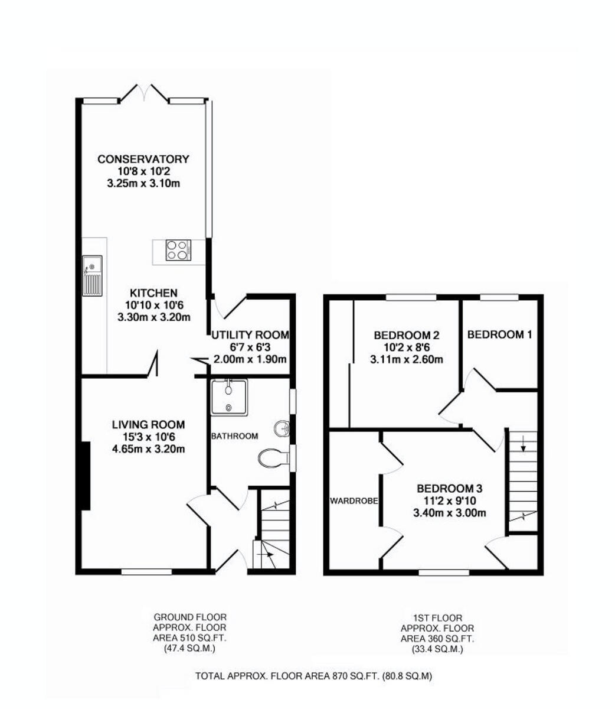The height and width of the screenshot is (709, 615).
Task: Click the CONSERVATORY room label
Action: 143,159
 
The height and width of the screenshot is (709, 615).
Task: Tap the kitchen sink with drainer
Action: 92,275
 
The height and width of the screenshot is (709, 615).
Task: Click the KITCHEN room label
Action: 153,293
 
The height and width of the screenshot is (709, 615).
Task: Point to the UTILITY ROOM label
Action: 250,335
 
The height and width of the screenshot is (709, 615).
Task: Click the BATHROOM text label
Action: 234,436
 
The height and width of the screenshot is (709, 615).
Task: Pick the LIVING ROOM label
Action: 148,424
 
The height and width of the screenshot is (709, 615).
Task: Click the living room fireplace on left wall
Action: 86,475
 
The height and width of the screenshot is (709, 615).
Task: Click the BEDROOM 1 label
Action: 499,334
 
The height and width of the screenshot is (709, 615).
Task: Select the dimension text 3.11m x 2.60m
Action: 407,359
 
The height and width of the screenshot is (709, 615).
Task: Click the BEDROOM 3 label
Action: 450,489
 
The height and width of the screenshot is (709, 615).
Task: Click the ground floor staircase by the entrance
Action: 273,535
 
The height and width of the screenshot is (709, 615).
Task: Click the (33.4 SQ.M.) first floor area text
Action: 437,649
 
